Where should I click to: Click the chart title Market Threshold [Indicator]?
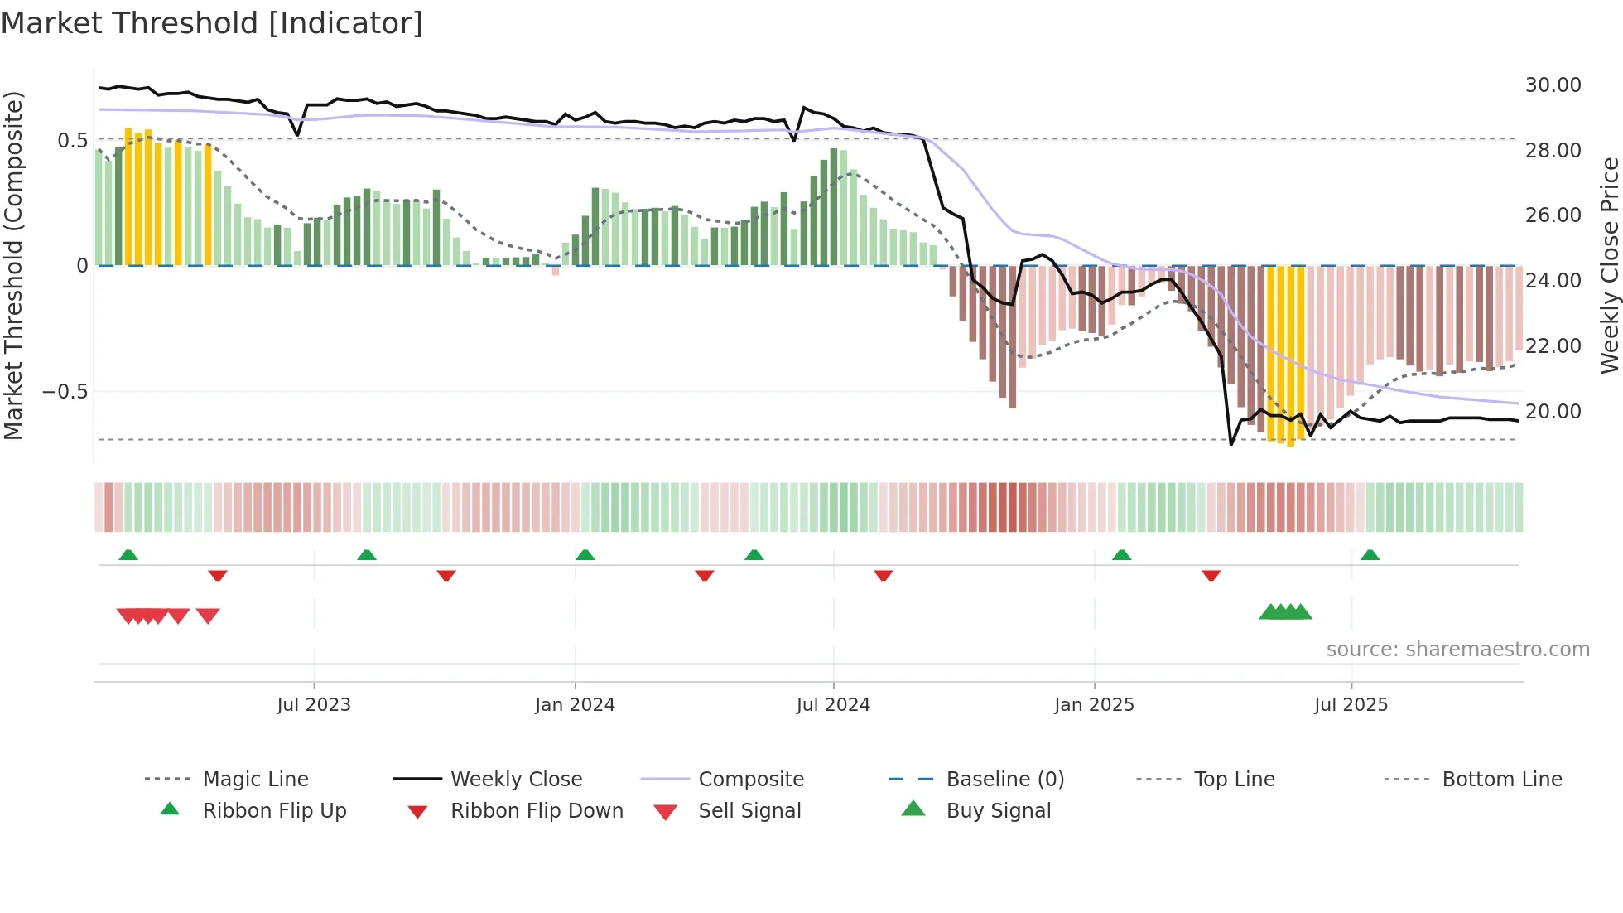click(212, 23)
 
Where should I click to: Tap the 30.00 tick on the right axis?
click(1553, 85)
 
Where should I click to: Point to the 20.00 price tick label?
click(1553, 412)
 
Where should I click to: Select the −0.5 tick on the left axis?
click(65, 391)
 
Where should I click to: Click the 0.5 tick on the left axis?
click(72, 140)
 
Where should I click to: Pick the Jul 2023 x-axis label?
click(314, 705)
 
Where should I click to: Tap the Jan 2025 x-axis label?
click(1094, 705)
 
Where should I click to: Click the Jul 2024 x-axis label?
click(833, 705)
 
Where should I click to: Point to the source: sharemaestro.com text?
click(1457, 650)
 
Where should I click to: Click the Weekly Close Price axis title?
click(1609, 265)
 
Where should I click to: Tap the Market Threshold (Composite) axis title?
click(13, 265)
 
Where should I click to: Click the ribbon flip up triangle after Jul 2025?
click(1370, 555)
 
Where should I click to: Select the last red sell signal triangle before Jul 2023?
click(208, 616)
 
